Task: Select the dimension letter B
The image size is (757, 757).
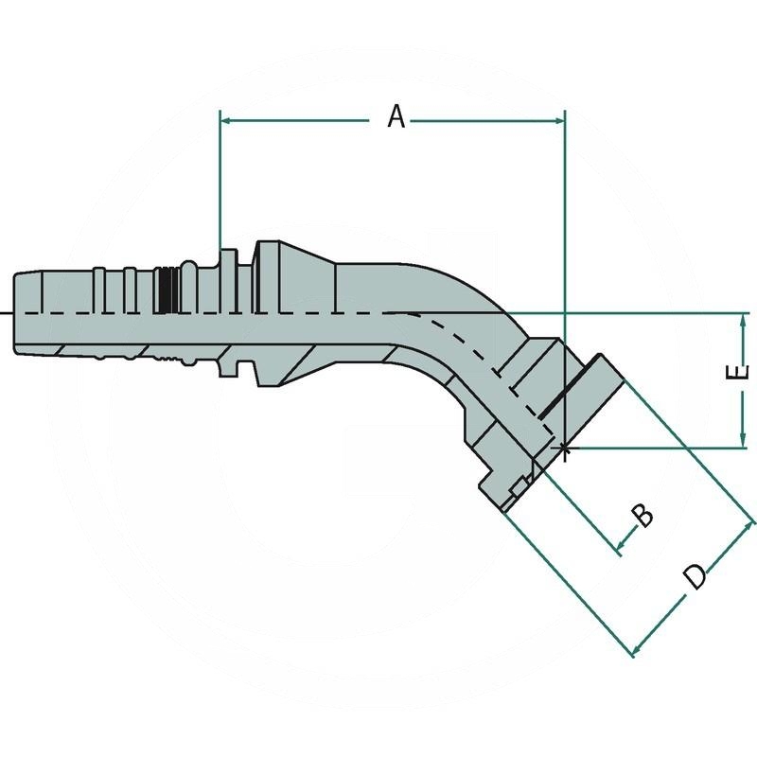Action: (643, 516)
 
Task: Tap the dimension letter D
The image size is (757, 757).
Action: (695, 575)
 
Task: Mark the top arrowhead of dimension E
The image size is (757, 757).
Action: (744, 319)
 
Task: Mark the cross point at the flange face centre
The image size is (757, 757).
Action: (564, 448)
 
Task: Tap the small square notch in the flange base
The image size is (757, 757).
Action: (516, 486)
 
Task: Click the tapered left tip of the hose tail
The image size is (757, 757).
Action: (21, 312)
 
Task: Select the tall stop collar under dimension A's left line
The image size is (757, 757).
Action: (227, 312)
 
